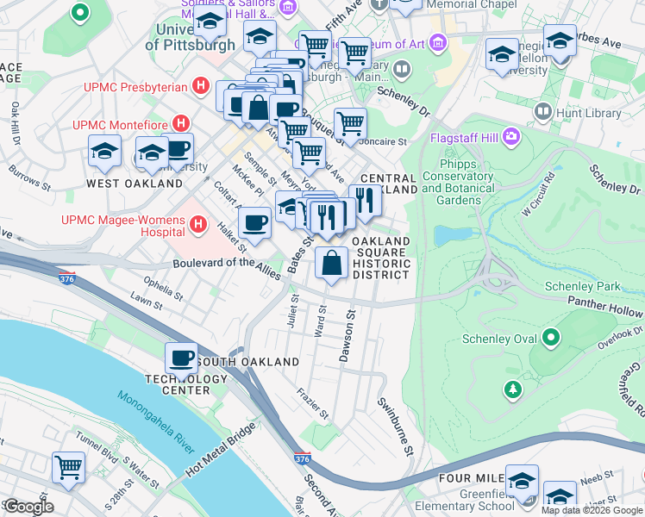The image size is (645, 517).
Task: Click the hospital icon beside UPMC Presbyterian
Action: point(201,86)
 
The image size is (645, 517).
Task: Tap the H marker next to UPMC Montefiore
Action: point(181,124)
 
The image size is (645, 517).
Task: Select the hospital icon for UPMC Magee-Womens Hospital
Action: point(199,226)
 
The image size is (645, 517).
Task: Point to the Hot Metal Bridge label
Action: point(221,450)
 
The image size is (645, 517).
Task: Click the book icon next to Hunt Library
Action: point(543,111)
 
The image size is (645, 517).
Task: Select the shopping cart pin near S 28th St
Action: point(68,468)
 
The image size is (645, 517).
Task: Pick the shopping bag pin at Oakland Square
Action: point(332,263)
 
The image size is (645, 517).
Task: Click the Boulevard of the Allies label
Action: point(227,269)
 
